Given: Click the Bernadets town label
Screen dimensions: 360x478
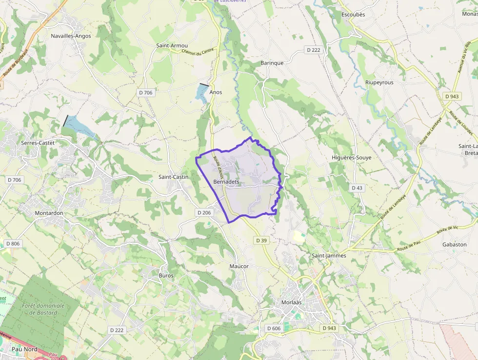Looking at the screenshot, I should point(226,181).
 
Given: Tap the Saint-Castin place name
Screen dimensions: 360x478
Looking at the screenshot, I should point(173,176).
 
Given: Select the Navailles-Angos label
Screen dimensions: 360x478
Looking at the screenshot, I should point(71,36).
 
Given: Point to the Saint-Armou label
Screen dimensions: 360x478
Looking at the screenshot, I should point(172,45).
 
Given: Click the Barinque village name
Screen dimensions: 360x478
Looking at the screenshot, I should point(272,63).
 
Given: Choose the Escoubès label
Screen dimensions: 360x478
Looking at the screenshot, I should point(353,15).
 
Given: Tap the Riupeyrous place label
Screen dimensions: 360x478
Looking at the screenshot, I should point(379,83).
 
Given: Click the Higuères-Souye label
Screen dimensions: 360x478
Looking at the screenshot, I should point(351,158).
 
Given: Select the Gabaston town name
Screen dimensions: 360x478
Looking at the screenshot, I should point(454,244).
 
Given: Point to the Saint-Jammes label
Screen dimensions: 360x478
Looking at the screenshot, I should point(328,255).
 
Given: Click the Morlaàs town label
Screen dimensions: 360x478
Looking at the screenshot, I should point(291,302).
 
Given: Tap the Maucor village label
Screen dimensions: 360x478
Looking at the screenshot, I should point(239,266).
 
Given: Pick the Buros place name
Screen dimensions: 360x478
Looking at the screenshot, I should point(166,275).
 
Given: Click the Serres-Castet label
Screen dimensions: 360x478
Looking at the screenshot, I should point(38,143).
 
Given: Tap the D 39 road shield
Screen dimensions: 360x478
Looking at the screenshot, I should point(261,240).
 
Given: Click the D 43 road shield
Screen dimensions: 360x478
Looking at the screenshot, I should point(357,188).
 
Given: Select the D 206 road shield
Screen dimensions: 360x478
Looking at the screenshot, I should point(204,212).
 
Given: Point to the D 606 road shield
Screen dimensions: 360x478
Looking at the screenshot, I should point(274,328).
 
